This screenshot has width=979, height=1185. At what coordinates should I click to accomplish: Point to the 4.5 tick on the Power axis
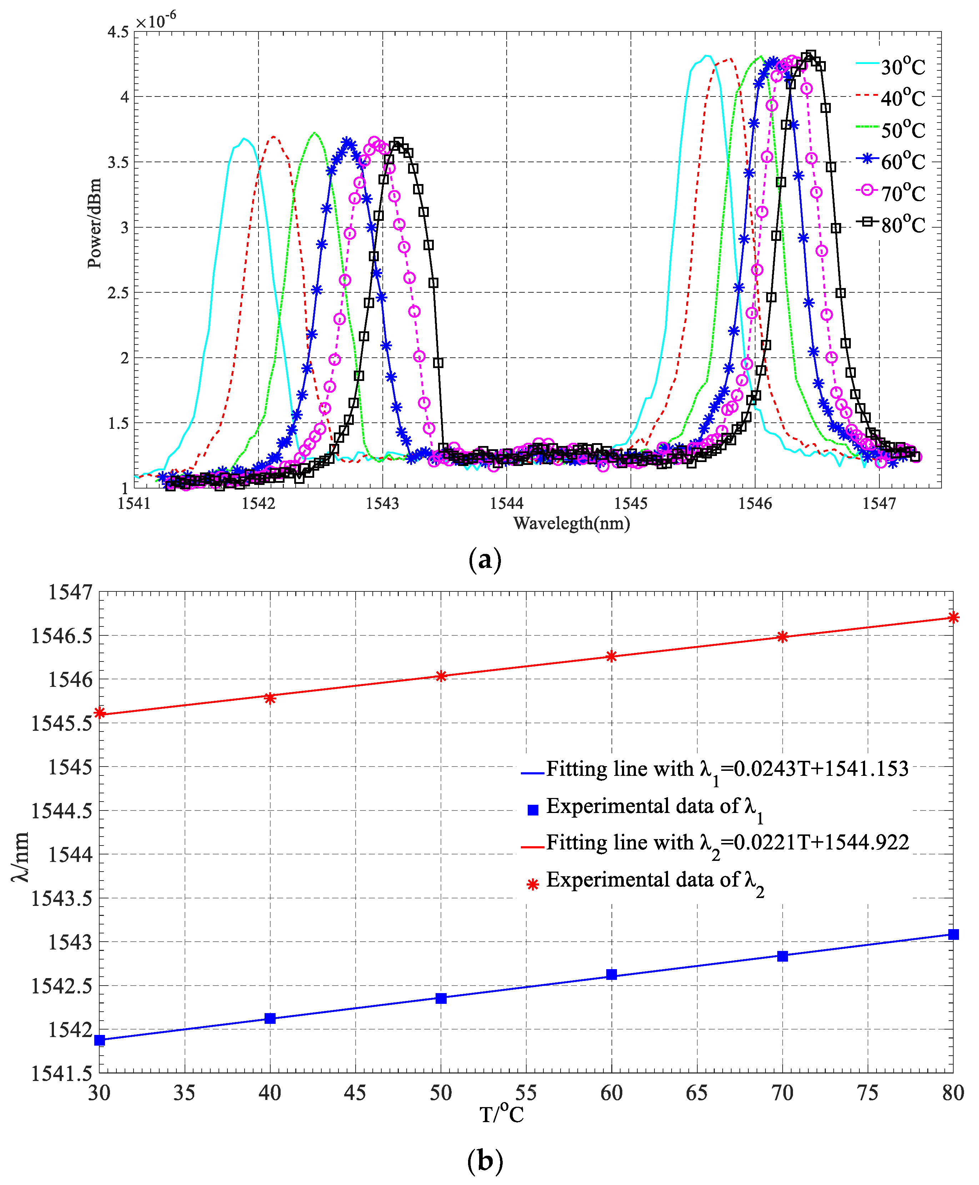(119, 32)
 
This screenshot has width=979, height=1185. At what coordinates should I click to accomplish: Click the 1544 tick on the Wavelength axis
(506, 504)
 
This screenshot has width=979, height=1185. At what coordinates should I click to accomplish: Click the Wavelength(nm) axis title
(571, 524)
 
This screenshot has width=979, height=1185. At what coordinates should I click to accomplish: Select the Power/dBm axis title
(95, 223)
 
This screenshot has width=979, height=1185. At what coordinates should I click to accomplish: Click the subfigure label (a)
(485, 560)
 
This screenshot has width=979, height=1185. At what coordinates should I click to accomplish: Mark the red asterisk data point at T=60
(611, 656)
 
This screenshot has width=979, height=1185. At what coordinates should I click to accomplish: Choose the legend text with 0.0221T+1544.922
(728, 843)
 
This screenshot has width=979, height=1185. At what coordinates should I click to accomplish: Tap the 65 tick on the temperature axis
(697, 1094)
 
